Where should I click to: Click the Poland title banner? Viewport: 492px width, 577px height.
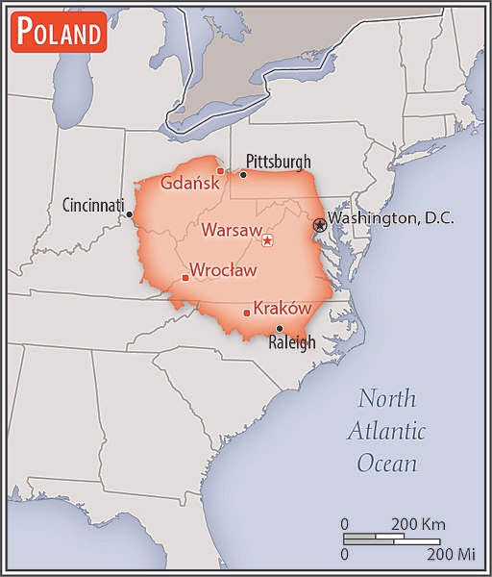click(x=58, y=34)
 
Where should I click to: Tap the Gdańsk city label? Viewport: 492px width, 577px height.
click(x=188, y=183)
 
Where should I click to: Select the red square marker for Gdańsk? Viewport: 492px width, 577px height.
click(x=220, y=171)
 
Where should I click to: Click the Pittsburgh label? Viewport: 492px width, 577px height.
click(x=279, y=161)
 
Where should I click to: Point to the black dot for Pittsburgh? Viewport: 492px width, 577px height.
click(x=243, y=175)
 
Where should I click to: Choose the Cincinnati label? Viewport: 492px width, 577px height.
click(x=93, y=205)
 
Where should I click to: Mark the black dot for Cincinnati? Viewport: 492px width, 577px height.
click(x=130, y=214)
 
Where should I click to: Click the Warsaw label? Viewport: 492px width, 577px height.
click(x=231, y=230)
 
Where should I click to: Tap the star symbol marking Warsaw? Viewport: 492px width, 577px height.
click(x=267, y=240)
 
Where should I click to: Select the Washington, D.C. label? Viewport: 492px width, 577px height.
click(x=390, y=219)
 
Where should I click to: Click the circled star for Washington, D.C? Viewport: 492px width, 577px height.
click(x=320, y=224)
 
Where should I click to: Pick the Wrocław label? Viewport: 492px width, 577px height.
click(x=223, y=270)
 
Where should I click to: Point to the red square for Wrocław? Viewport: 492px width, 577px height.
click(x=185, y=279)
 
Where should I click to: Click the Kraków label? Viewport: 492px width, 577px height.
click(x=283, y=308)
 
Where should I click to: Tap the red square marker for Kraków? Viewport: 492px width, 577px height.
click(x=247, y=313)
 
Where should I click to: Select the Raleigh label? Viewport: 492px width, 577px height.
click(x=290, y=342)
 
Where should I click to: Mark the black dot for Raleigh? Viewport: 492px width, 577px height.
click(x=280, y=328)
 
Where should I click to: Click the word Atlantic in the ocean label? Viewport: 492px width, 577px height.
click(x=387, y=430)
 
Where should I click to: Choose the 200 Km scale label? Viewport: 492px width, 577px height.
click(x=418, y=524)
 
